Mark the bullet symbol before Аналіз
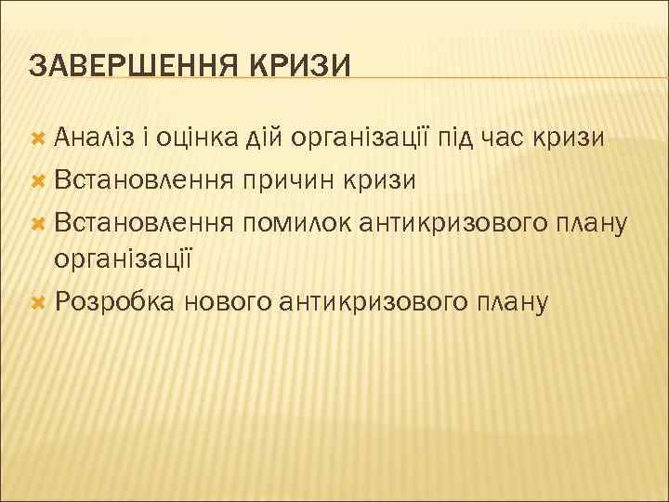pyautogui.click(x=38, y=139)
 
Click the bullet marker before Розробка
pyautogui.click(x=38, y=302)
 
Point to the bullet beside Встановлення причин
pyautogui.click(x=38, y=180)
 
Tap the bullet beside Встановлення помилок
pyautogui.click(x=38, y=221)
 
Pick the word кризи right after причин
pyautogui.click(x=383, y=179)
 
